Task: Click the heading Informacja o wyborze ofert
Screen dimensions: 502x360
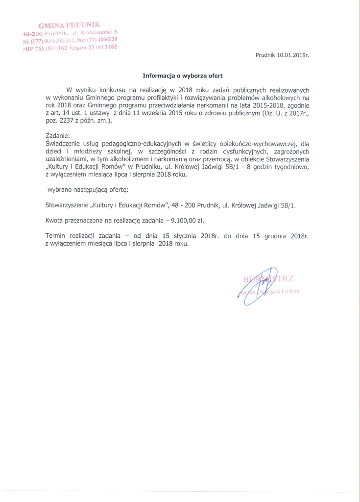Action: (182, 76)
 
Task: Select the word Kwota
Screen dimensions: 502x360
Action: (54, 220)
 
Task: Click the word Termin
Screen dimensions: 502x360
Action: (55, 236)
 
